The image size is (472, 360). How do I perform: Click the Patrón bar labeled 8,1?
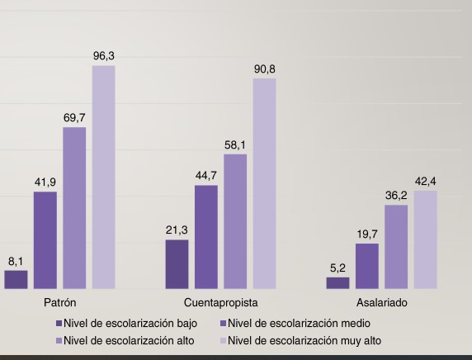pos(16,280)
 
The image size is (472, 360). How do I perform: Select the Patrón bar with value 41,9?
pos(45,240)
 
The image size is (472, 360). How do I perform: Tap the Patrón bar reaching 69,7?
pos(74,208)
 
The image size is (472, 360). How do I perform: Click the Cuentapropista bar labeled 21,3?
pos(177,264)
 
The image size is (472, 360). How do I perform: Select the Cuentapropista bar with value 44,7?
pos(206,237)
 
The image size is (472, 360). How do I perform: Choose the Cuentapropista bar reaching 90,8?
pos(264,183)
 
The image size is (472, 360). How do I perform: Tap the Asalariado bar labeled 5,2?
pos(337,283)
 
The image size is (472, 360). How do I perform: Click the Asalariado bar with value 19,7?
pos(367,266)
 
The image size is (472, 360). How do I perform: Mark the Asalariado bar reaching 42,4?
pos(425,239)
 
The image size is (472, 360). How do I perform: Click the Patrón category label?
pos(59,303)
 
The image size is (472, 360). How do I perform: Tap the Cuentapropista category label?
pos(220,303)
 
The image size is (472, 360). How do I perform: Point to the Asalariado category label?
pos(381,303)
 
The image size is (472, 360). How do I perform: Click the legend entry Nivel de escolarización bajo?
pos(130,323)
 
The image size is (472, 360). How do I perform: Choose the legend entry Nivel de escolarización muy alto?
pos(304,340)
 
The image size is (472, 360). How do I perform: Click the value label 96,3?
pos(103,56)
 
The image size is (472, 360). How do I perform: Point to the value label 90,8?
pos(264,69)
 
